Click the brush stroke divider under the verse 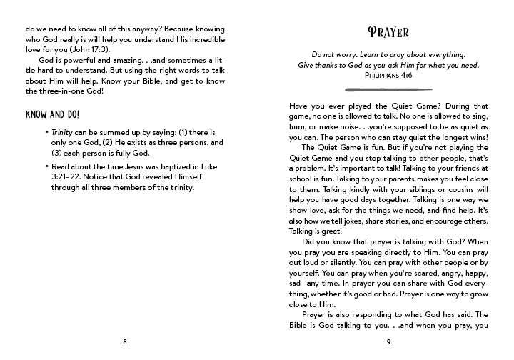388,89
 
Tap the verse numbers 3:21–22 66,178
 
